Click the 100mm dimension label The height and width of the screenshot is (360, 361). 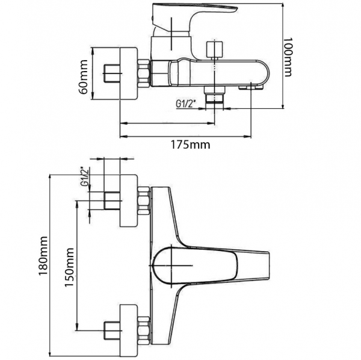[287, 57]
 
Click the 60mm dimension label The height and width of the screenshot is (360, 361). [84, 77]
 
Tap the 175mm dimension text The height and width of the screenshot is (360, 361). [190, 145]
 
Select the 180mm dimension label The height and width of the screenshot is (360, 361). [43, 256]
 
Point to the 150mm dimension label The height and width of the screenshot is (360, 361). [70, 267]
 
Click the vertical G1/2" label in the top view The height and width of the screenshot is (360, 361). [85, 176]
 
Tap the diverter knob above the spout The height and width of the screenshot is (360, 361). [215, 49]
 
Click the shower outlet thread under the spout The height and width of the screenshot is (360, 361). [215, 95]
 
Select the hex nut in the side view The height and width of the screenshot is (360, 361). [144, 73]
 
